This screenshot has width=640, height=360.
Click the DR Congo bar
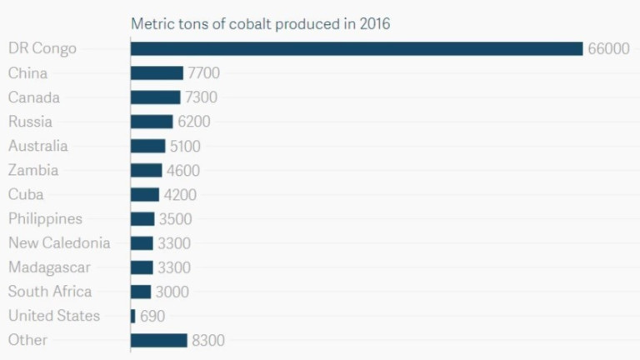(357, 48)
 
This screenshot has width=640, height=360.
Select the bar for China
(157, 73)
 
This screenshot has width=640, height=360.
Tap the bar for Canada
(155, 97)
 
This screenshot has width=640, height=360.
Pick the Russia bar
(152, 122)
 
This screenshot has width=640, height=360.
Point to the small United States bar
(132, 316)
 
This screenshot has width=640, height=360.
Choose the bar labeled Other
(159, 340)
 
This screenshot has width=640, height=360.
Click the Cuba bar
(145, 194)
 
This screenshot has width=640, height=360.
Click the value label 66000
(608, 49)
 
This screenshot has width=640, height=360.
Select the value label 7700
(203, 73)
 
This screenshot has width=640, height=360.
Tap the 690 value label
(152, 316)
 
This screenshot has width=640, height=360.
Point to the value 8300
(208, 340)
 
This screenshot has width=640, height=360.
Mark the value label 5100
(184, 146)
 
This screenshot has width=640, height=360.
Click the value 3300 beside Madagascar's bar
(174, 267)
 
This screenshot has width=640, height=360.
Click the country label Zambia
(33, 170)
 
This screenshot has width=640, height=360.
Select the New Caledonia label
(59, 242)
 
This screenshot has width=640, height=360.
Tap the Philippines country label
(45, 218)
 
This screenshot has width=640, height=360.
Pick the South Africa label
(50, 292)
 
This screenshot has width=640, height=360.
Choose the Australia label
(38, 146)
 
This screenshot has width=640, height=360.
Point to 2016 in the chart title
(374, 23)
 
